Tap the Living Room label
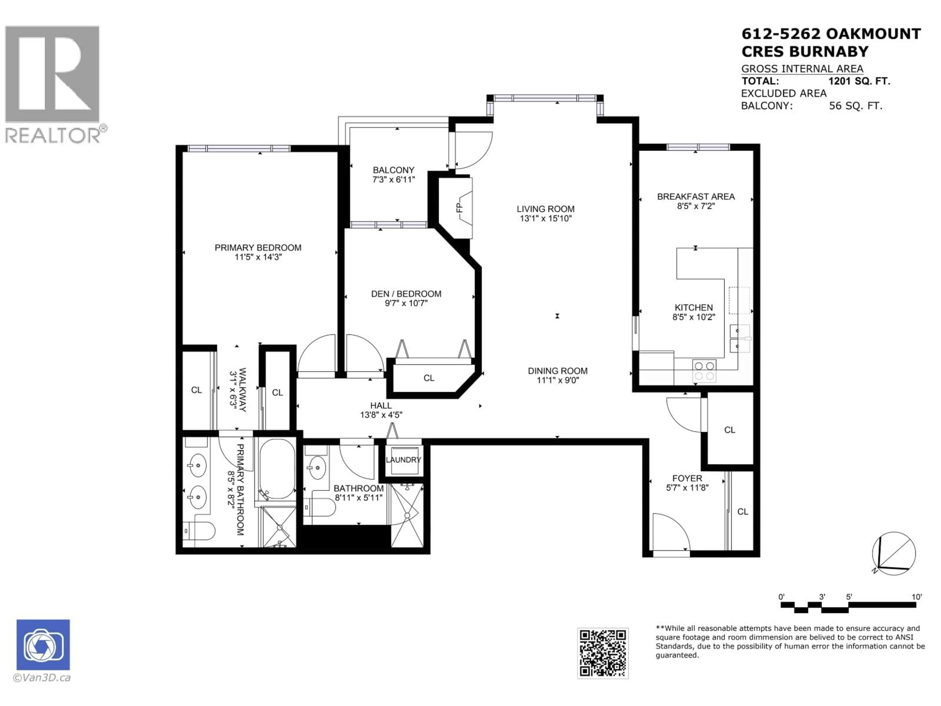545,209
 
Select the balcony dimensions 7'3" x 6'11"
394,180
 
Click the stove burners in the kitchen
704,371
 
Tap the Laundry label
403,460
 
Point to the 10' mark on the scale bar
916,597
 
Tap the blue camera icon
43,645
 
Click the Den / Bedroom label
406,294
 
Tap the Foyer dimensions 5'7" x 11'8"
687,488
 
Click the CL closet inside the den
429,378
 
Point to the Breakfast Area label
695,197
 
